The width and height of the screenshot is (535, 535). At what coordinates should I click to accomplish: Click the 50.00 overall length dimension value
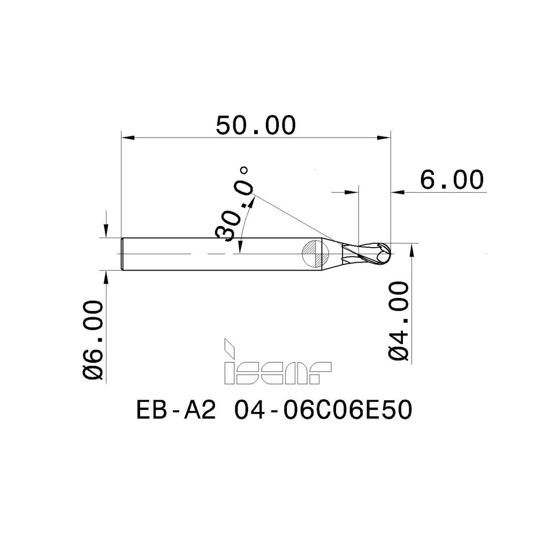click(255, 126)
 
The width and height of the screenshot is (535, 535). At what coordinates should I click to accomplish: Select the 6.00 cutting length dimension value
click(452, 180)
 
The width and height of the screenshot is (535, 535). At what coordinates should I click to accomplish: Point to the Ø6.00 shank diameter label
click(94, 340)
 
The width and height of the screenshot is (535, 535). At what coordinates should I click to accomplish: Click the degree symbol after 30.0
click(244, 171)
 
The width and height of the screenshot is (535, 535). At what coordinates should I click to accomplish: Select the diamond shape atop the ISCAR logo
click(228, 346)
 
